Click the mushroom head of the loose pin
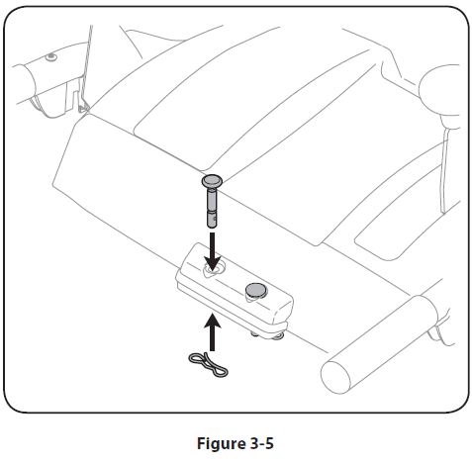tap(212, 181)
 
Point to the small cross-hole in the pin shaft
tap(215, 218)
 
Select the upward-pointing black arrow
tap(213, 332)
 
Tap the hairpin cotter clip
tap(208, 364)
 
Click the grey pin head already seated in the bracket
tap(255, 289)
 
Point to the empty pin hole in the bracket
tap(214, 269)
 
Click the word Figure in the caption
tap(221, 443)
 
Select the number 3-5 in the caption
tap(261, 443)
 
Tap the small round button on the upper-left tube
tap(50, 57)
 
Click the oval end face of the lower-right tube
tap(335, 377)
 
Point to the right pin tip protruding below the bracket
tap(279, 336)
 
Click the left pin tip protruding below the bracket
tap(254, 334)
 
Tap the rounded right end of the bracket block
tap(284, 311)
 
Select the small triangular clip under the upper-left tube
tap(84, 106)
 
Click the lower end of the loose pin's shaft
tap(212, 226)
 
